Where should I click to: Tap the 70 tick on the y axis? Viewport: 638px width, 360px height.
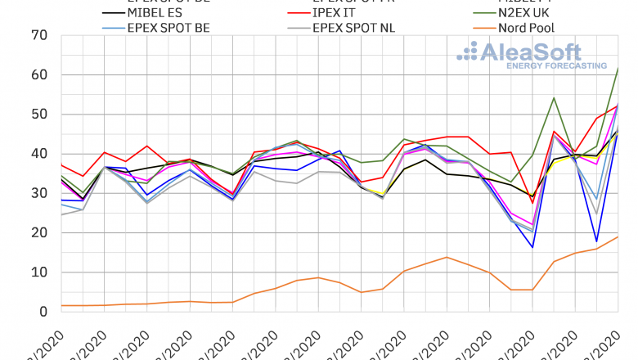point(38,36)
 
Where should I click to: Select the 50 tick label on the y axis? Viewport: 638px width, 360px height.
point(38,115)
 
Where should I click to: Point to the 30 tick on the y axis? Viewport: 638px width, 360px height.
point(38,194)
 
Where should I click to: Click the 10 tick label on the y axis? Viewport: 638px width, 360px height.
point(38,272)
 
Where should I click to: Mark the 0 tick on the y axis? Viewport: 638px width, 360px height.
point(43,312)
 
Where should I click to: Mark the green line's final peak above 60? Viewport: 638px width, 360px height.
point(618,69)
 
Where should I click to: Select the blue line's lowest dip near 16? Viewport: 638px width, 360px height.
point(532,247)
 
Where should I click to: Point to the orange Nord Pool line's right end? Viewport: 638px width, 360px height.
point(618,236)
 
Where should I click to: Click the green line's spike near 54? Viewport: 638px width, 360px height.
point(554,98)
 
